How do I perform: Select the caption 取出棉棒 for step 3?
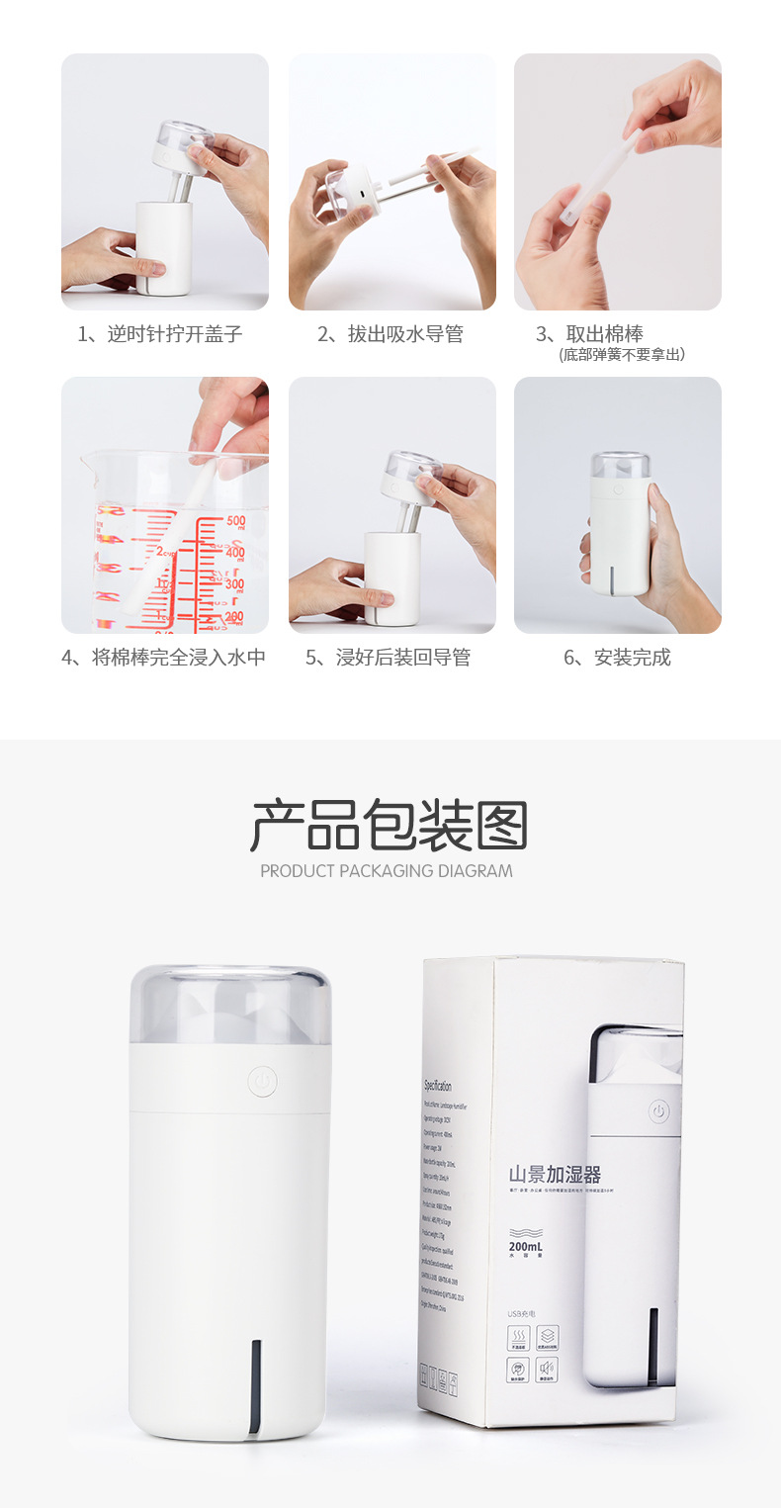pos(604,334)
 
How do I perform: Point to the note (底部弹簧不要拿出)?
pos(622,354)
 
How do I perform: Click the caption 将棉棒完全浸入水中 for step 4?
pos(164,658)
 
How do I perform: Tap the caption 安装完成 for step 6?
pos(617,658)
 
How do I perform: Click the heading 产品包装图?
pos(390,827)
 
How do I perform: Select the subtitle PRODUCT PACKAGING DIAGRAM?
pos(387,871)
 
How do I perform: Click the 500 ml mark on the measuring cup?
pos(235,521)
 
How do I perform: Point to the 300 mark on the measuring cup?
pos(234,584)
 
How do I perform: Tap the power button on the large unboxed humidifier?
pos(262,1081)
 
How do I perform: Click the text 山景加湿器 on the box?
pos(555,1175)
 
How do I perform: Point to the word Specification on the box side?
pos(438,1085)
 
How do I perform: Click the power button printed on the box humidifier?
pos(658,1112)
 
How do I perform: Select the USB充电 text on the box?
pos(521,1314)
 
